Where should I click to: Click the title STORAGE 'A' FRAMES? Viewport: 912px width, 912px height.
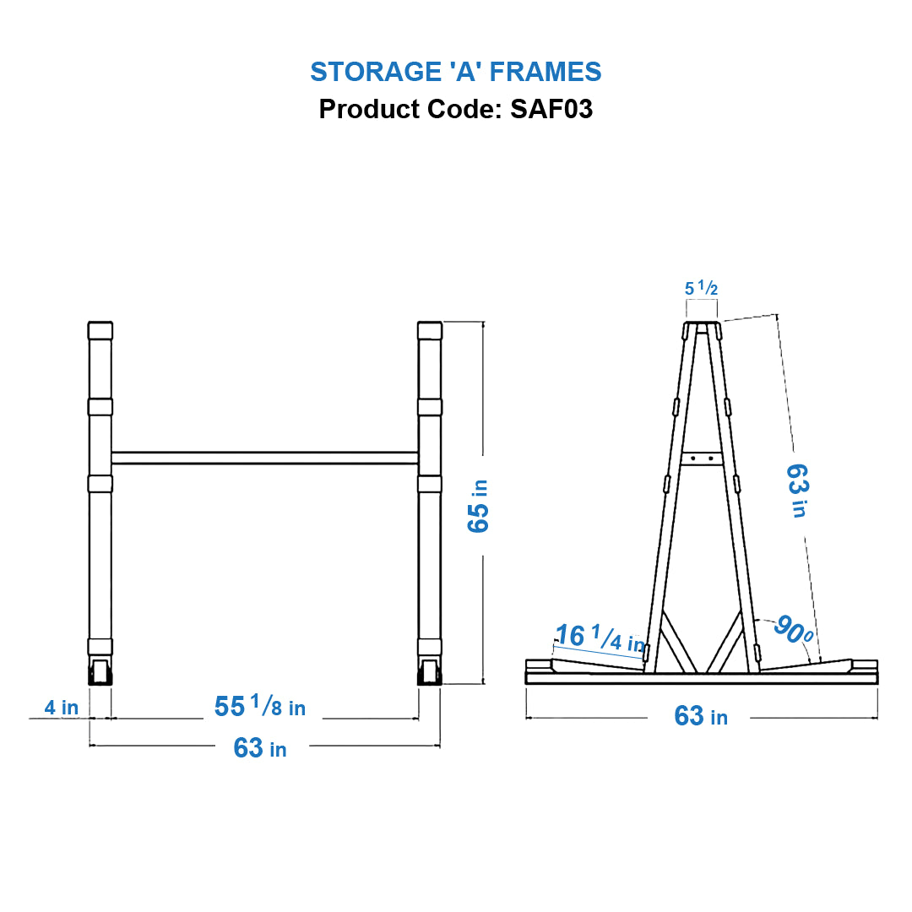(x=455, y=72)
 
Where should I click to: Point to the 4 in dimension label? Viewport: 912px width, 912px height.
(x=61, y=708)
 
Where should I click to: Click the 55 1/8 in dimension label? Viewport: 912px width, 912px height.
(x=260, y=706)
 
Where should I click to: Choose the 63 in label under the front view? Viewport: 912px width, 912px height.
(x=260, y=748)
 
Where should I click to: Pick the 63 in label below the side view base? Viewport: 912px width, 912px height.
(x=700, y=717)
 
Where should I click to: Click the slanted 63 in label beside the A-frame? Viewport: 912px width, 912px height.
(x=796, y=490)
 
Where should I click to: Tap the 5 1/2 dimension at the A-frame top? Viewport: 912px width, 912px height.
(x=701, y=289)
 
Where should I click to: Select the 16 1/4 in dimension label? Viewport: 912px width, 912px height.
(x=599, y=638)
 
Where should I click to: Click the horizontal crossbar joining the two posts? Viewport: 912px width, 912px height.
(x=265, y=458)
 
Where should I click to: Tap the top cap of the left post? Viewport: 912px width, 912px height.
(x=100, y=330)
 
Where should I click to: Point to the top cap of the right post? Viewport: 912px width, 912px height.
(x=430, y=330)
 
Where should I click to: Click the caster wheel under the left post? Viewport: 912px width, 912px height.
(x=100, y=673)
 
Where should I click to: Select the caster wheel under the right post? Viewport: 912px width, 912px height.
(x=430, y=673)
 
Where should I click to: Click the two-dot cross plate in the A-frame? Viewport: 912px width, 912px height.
(x=702, y=459)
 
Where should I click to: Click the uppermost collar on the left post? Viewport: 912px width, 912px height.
(x=100, y=407)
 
